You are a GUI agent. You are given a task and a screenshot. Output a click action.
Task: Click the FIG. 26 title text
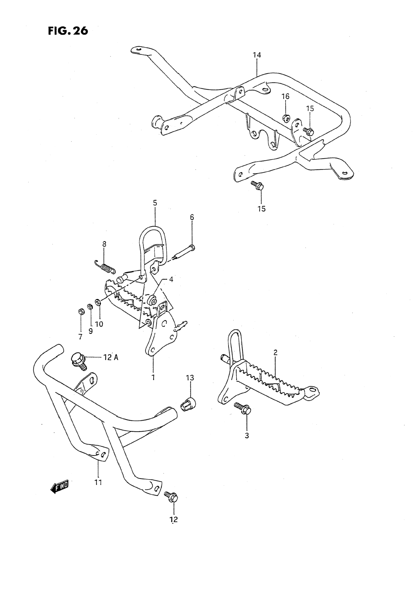tap(68, 31)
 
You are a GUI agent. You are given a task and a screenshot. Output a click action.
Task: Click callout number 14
tap(257, 55)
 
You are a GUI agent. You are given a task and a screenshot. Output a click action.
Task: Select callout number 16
tap(285, 96)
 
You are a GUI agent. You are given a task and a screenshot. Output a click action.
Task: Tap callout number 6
tap(192, 217)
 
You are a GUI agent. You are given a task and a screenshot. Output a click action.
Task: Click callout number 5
tap(155, 203)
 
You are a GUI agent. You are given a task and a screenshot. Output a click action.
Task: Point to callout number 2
tap(275, 353)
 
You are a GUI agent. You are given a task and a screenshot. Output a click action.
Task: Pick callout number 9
tap(90, 331)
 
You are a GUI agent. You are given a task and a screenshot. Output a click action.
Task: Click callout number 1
tap(153, 377)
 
